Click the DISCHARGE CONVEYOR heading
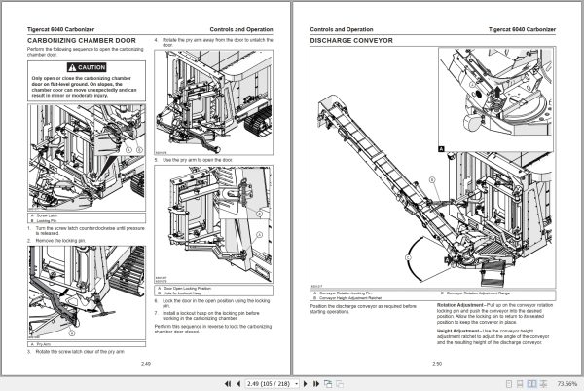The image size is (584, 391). click(350, 42)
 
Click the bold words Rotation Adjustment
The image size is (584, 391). click(455, 305)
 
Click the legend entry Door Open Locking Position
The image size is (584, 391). click(196, 289)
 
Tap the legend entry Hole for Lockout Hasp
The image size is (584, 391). click(191, 293)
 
